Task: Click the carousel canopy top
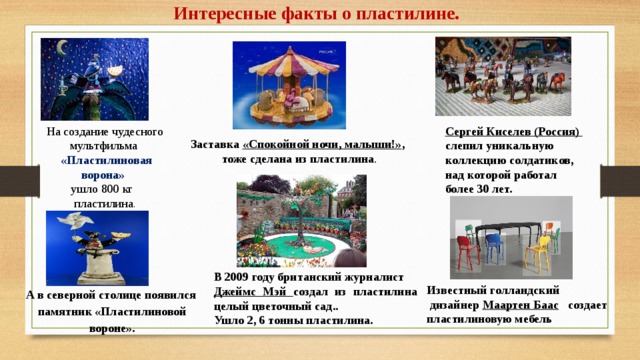pyautogui.click(x=283, y=58)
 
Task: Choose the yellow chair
pyautogui.click(x=542, y=249)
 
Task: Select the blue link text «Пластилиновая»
pyautogui.click(x=106, y=160)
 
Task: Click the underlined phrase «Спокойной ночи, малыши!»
pyautogui.click(x=323, y=144)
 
